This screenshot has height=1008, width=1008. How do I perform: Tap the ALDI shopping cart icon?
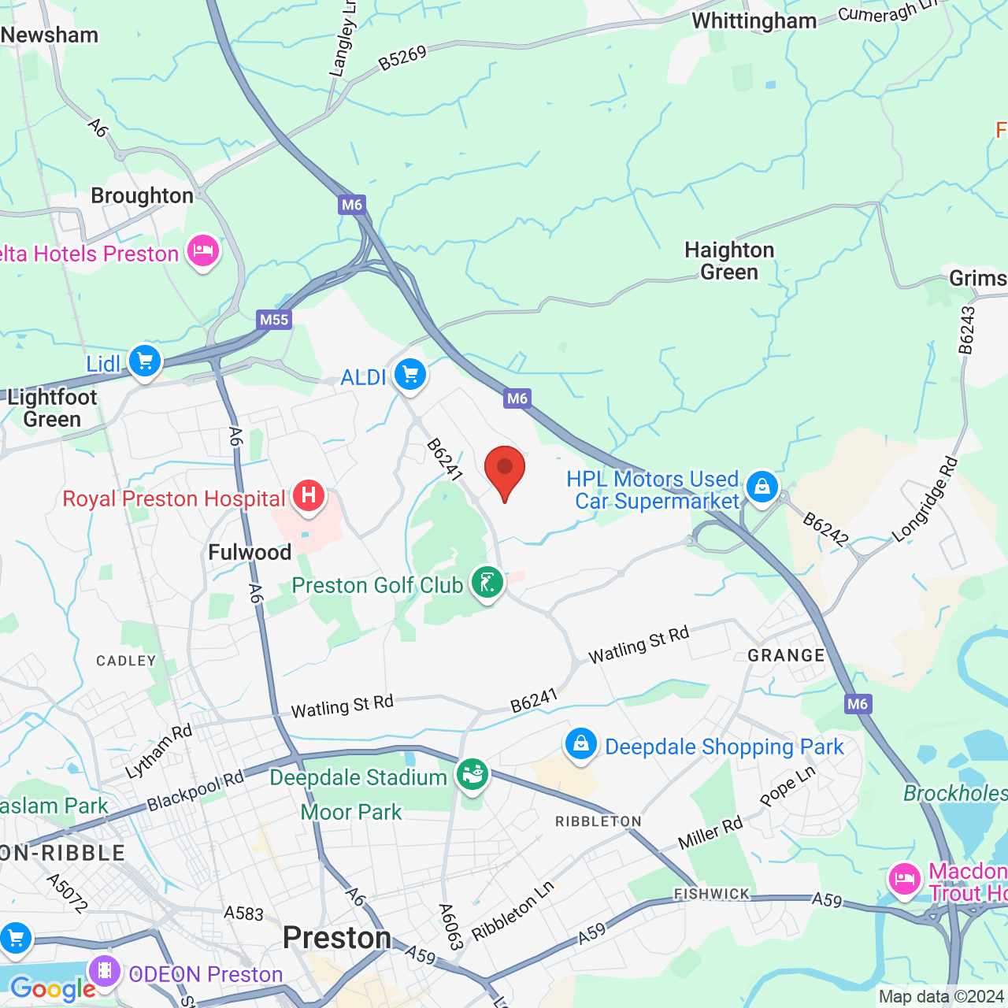[x=410, y=375]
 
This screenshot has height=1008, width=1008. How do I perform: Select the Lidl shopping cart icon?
[x=145, y=362]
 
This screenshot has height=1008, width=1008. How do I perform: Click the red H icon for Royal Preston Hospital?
[x=309, y=496]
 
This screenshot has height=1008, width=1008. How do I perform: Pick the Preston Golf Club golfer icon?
[x=487, y=584]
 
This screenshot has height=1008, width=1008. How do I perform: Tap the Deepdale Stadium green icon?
[x=472, y=775]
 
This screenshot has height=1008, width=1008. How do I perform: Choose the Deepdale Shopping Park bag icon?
[x=580, y=744]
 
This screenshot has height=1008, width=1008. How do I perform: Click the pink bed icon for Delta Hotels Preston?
[x=203, y=252]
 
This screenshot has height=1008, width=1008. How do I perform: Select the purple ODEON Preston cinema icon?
[x=104, y=972]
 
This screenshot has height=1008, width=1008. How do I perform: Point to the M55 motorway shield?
[x=274, y=320]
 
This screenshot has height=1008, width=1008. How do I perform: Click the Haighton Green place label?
[x=729, y=261]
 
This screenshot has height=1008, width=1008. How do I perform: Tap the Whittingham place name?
[x=754, y=21]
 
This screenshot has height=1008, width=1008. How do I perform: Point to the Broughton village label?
[x=142, y=196]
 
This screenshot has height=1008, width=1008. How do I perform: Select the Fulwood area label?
[x=250, y=553]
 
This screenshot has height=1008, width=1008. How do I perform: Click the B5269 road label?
[x=402, y=58]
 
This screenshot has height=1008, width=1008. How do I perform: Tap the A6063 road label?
[x=450, y=927]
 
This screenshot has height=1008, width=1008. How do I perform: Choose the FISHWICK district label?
[x=712, y=894]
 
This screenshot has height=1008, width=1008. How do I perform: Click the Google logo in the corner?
[x=53, y=988]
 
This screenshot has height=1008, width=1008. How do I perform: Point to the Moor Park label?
[x=351, y=812]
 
